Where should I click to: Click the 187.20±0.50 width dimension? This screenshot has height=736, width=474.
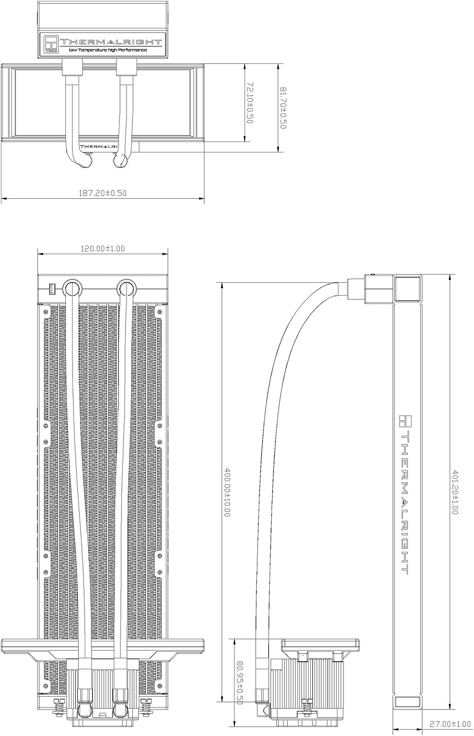point(102,193)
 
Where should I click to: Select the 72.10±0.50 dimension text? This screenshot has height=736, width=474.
point(250,103)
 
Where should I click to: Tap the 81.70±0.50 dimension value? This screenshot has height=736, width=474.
point(283,108)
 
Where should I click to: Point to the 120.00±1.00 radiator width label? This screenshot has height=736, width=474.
point(103,248)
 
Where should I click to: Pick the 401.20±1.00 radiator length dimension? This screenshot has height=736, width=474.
point(455,492)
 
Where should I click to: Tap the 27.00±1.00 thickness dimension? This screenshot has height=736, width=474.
point(450,731)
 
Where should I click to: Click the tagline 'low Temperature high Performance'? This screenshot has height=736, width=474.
point(108,50)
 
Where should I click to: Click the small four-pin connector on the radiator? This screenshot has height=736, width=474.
point(52,289)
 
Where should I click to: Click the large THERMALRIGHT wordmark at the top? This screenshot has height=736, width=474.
point(110,42)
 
